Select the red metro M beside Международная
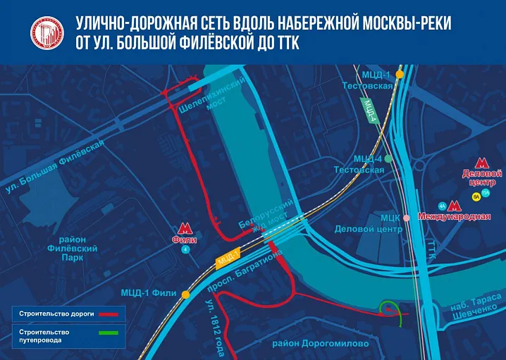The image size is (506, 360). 455,206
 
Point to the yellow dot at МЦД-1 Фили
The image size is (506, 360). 185,294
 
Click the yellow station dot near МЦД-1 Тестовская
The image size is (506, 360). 400,73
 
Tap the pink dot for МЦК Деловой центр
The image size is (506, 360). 407,218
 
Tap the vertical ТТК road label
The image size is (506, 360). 432,250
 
